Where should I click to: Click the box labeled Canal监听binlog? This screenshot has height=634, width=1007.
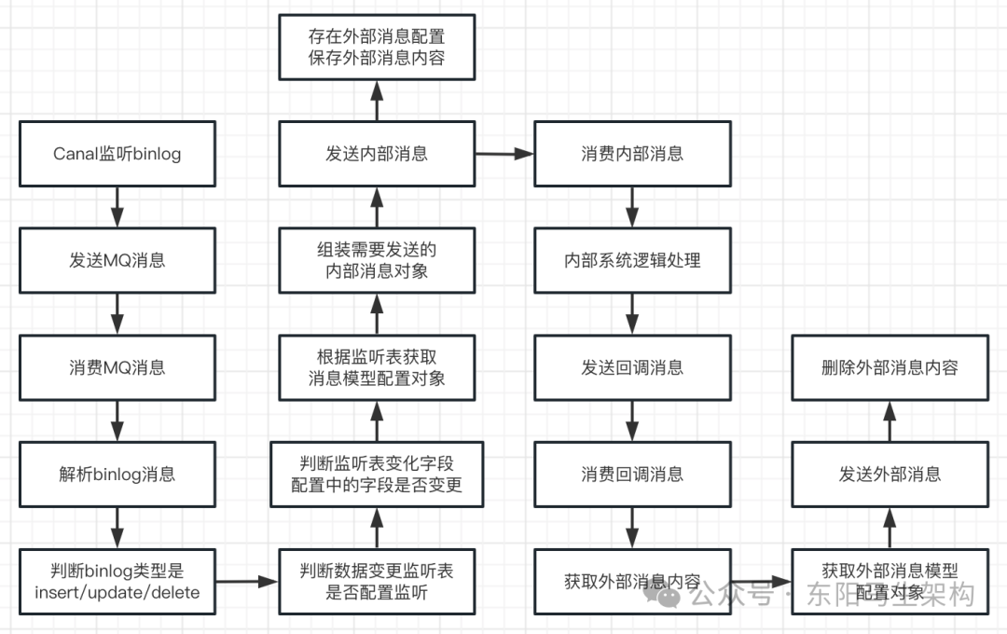click(x=117, y=154)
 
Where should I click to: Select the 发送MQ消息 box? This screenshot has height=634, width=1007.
click(x=117, y=260)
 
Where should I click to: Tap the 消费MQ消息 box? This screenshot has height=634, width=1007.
click(x=117, y=367)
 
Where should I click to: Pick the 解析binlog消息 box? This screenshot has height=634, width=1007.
click(x=117, y=474)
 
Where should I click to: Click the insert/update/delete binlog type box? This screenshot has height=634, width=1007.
click(x=117, y=581)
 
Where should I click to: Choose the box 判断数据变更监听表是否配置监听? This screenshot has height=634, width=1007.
click(x=377, y=581)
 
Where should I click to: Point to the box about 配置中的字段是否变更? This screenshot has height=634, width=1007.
click(x=377, y=474)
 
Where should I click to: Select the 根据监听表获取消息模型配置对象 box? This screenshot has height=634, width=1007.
click(x=377, y=367)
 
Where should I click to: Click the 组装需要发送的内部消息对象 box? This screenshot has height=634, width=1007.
click(x=377, y=260)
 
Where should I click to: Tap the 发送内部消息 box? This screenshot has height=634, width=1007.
click(x=377, y=154)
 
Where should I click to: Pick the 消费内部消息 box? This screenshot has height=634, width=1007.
click(x=632, y=154)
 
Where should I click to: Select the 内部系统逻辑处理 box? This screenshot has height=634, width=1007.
click(x=632, y=260)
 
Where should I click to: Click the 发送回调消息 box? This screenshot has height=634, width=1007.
click(x=632, y=367)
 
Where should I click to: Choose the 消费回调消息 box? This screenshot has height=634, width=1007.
click(x=632, y=474)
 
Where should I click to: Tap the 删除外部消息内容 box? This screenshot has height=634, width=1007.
click(x=890, y=367)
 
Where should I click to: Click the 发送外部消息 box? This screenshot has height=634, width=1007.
click(x=890, y=474)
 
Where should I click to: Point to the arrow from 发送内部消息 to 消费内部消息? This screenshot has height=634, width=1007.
click(x=504, y=154)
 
